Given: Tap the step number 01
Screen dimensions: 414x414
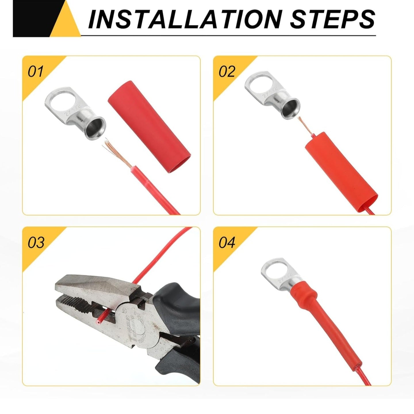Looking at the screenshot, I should tap(35, 71).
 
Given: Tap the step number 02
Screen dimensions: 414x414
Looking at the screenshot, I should tap(227, 71).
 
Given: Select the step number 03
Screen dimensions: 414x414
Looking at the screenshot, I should tap(36, 242).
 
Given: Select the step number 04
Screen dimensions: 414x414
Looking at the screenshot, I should tap(227, 242).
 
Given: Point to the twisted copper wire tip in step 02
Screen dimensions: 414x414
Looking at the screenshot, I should tap(305, 125).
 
